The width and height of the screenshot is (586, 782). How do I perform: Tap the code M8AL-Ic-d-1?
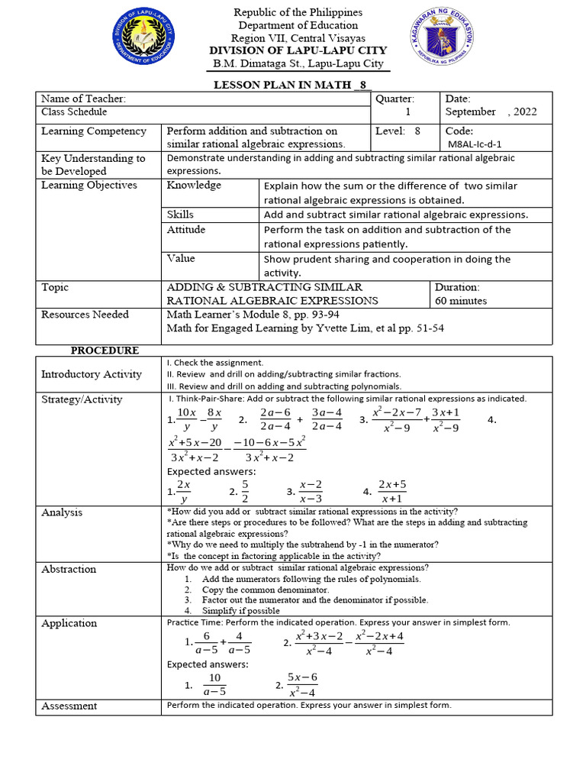[x=475, y=144]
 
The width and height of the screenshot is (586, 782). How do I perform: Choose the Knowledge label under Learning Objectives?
[x=194, y=186]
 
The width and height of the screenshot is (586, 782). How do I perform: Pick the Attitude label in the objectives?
[x=186, y=230]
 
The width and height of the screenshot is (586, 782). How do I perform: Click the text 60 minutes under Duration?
[x=460, y=301]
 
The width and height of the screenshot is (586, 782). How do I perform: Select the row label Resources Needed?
[x=85, y=315]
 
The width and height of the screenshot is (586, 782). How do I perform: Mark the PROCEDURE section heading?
[x=105, y=351]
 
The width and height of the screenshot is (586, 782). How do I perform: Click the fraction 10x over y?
[x=187, y=420]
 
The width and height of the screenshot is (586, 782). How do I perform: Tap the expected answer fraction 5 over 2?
[x=245, y=492]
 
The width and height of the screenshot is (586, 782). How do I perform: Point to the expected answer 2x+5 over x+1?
[x=392, y=492]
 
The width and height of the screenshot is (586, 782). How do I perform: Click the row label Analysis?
[x=62, y=512]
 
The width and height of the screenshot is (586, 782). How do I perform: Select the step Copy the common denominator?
[x=265, y=590]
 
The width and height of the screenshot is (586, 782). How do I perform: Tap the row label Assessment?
[x=69, y=706]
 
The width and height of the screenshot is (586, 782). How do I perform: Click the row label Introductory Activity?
[x=91, y=374]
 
